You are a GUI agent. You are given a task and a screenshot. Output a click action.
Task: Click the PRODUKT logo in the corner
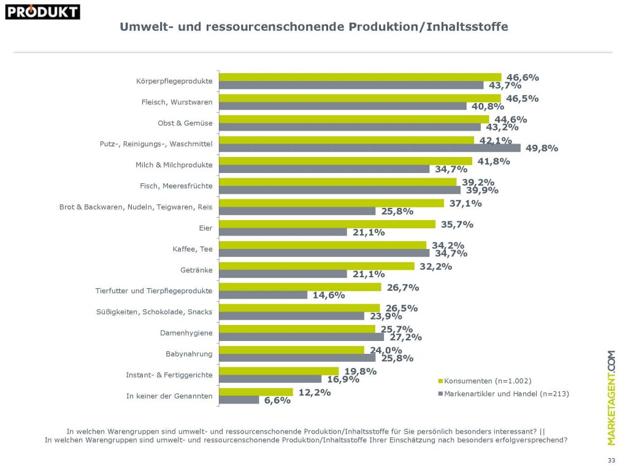click(x=42, y=11)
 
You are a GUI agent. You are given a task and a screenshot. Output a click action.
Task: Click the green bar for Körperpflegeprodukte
click(x=360, y=77)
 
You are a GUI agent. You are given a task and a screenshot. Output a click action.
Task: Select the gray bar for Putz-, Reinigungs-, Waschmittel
click(x=370, y=148)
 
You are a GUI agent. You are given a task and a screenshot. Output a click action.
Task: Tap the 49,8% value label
click(x=540, y=148)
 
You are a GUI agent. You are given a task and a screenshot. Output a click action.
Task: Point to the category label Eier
click(x=205, y=228)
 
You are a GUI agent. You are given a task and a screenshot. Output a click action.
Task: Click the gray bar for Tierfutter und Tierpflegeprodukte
click(x=263, y=295)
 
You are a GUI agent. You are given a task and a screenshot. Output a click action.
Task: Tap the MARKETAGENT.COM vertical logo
click(x=611, y=397)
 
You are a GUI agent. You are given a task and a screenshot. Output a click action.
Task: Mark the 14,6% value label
click(x=329, y=295)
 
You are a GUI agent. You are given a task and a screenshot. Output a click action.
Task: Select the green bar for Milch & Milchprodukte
click(x=345, y=161)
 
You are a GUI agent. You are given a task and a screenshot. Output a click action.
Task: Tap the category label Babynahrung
click(x=189, y=354)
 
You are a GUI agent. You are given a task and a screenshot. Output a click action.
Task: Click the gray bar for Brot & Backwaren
click(x=297, y=211)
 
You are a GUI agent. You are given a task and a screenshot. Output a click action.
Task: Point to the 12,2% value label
click(x=313, y=392)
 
